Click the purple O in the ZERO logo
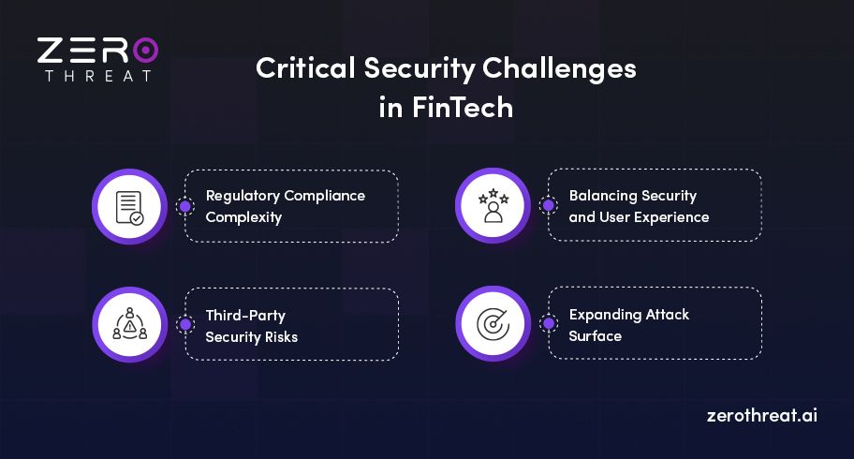pos(145,51)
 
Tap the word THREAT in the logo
pos(98,76)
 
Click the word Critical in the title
pos(298,69)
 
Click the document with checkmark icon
pos(129,206)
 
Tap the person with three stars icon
pos(493,206)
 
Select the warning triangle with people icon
pos(129,324)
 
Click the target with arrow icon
pos(493,324)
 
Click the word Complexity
pos(243,217)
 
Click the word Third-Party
pos(244,315)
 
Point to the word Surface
pos(595,335)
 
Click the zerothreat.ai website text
pos(761,415)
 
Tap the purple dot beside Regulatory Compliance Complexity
pos(185,206)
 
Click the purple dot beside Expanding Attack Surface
pos(549,324)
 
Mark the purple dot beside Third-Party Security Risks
pos(185,324)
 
